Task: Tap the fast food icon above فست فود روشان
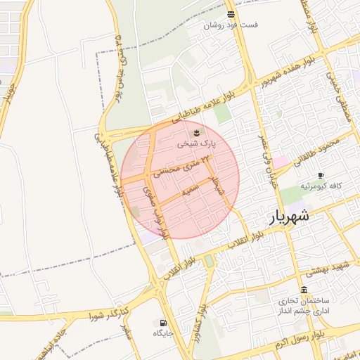[231, 14]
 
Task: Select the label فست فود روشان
[231, 25]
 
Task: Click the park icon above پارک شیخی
[196, 131]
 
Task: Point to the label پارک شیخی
[196, 143]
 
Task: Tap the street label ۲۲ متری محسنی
[186, 165]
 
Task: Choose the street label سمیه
[188, 190]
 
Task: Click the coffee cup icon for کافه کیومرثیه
[321, 175]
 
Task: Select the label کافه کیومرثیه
[321, 186]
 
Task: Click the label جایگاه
[163, 333]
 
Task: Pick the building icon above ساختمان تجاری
[303, 290]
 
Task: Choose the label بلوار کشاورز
[202, 321]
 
